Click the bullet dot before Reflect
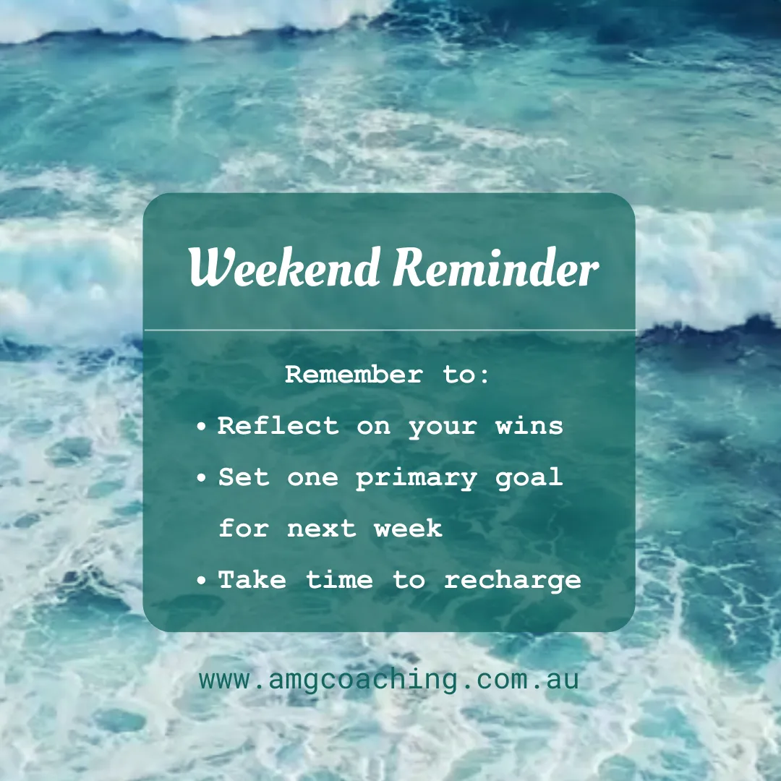[202, 427]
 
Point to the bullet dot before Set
[202, 479]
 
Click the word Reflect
[278, 426]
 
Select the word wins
[529, 426]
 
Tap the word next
[322, 529]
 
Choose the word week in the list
[408, 529]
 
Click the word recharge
[513, 580]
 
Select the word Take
[252, 580]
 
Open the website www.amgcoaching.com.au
[389, 680]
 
